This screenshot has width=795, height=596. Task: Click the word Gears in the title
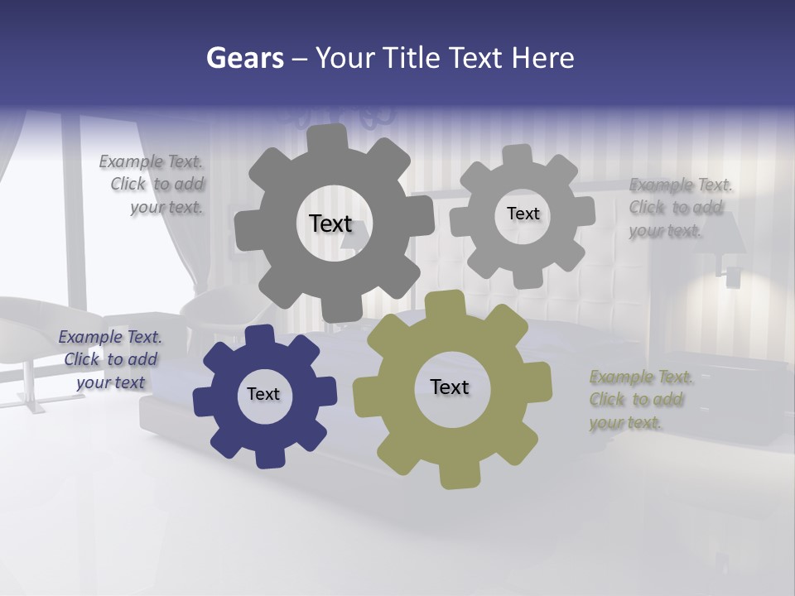(244, 58)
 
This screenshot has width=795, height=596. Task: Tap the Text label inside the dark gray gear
(330, 223)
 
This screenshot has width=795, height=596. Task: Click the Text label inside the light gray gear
(523, 214)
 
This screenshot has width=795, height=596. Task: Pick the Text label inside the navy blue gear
(263, 394)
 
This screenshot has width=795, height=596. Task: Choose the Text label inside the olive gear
(450, 387)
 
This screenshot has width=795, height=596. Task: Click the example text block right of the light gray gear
(679, 208)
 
